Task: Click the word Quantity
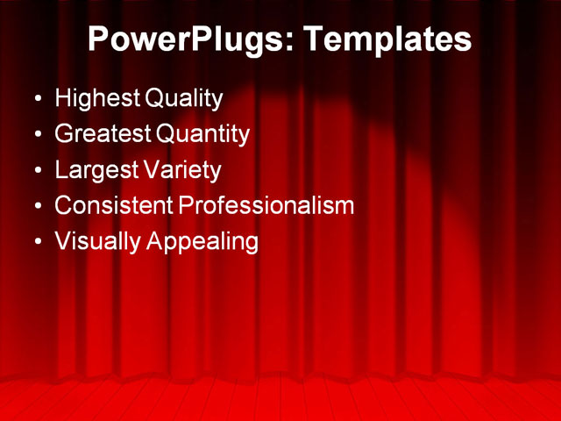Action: point(202,134)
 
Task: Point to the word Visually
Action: point(96,241)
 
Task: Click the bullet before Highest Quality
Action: point(37,99)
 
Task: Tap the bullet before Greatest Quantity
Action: point(37,135)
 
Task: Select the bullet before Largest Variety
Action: point(37,170)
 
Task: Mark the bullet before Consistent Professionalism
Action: point(37,206)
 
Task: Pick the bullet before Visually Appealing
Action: point(37,242)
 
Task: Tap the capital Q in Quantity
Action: point(165,134)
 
